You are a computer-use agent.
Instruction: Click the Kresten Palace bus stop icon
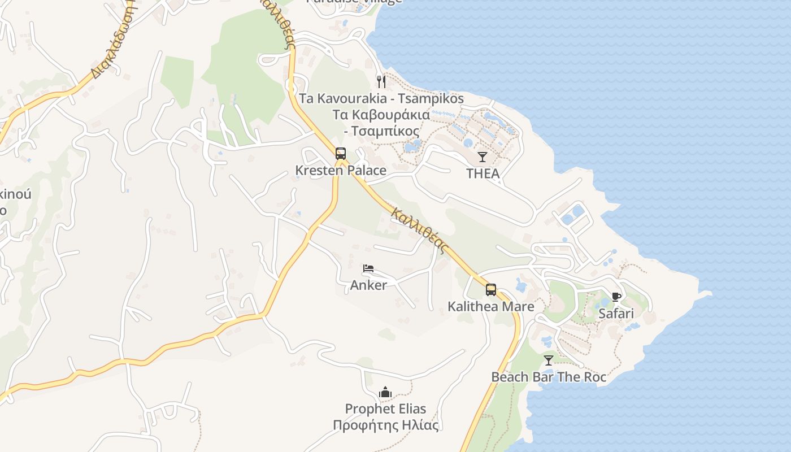341,154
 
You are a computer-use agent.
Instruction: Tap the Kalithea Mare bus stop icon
491,290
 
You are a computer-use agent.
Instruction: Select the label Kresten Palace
341,171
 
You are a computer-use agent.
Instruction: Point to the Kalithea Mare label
491,307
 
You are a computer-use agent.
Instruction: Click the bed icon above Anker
368,268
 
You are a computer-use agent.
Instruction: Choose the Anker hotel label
368,285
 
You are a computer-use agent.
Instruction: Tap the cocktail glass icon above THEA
483,157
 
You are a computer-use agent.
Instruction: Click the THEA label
483,174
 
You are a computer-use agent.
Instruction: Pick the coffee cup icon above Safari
616,297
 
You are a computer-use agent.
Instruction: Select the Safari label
616,314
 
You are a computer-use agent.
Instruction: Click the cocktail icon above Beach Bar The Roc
549,360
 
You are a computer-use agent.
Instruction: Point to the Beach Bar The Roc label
549,377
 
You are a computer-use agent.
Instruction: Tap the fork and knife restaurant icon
381,82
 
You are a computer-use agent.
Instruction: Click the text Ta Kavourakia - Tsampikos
381,99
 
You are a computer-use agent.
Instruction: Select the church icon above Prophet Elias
386,392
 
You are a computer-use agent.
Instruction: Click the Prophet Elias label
386,409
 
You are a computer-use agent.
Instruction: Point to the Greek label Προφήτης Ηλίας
386,425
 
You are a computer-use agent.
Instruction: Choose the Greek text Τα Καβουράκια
381,115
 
